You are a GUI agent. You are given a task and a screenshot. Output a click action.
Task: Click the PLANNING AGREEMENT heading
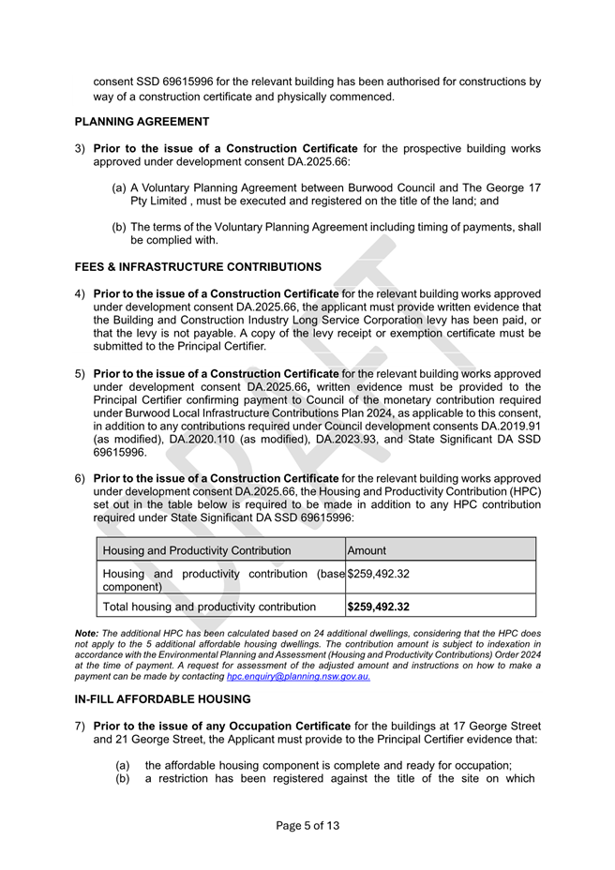point(142,121)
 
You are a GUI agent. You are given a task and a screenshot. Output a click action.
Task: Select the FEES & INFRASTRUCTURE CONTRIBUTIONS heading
point(198,267)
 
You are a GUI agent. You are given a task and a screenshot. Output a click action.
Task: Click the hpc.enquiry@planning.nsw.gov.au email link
point(298,676)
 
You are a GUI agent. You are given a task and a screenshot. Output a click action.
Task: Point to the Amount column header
point(367,550)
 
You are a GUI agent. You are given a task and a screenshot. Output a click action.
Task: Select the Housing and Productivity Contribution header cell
point(197,550)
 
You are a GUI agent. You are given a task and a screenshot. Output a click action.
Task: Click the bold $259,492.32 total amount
point(379,607)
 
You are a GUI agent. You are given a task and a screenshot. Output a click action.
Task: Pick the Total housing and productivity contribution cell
point(209,607)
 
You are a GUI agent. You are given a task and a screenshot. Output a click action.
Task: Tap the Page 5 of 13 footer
point(307,826)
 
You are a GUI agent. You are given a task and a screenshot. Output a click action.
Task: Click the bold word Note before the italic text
point(86,635)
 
